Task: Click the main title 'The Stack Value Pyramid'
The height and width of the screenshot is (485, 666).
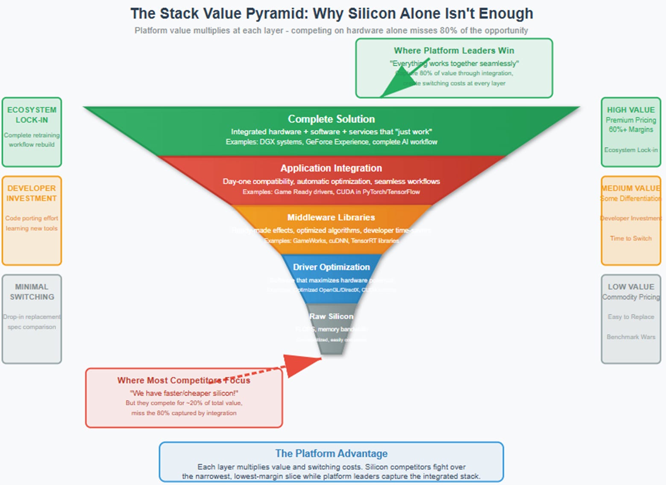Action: tap(332, 14)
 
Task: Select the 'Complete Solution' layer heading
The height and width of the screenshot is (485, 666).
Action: tap(331, 119)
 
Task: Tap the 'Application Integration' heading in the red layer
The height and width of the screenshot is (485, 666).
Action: tap(331, 168)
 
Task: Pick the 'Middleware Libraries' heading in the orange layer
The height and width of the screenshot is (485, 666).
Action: tap(331, 217)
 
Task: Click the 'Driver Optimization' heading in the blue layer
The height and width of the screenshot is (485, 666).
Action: tap(331, 267)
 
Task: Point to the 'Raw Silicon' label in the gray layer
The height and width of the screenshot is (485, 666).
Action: tap(331, 316)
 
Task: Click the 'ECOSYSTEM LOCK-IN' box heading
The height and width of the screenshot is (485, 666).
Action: tap(32, 115)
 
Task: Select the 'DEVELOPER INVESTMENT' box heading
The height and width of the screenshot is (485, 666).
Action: tap(32, 193)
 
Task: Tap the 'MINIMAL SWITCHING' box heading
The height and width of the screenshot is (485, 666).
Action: tap(32, 292)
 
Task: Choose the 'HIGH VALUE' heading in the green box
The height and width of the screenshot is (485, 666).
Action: tap(631, 110)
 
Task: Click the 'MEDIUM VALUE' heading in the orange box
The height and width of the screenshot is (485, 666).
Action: tap(631, 188)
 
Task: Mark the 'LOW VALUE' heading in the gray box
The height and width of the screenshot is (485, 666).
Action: tap(631, 287)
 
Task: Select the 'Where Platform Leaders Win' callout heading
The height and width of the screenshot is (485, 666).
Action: tap(454, 50)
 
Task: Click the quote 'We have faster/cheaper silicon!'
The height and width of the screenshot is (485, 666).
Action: tap(184, 393)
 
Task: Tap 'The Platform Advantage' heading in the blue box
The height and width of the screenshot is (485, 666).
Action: tap(331, 453)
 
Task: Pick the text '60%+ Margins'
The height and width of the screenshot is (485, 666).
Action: tap(631, 129)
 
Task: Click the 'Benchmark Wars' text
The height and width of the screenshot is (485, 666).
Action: tap(631, 337)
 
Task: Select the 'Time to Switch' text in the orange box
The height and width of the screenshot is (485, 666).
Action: tap(631, 238)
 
